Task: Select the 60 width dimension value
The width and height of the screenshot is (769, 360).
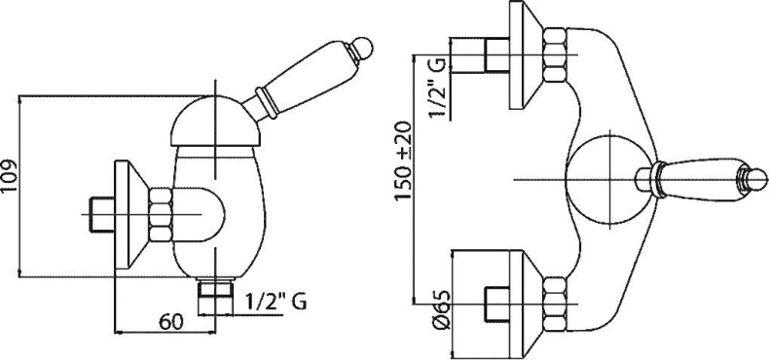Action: point(171,322)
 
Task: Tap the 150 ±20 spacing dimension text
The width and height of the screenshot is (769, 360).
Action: point(404,161)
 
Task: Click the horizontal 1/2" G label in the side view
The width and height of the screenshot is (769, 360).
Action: point(275,302)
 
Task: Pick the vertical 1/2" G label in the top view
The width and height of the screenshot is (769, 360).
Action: point(438,89)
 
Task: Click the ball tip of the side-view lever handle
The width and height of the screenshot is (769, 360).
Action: point(364,47)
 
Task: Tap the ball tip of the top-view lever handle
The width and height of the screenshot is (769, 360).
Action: point(756,179)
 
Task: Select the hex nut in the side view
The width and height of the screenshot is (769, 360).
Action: point(161,215)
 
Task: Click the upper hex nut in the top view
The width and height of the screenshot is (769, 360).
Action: point(556,54)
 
